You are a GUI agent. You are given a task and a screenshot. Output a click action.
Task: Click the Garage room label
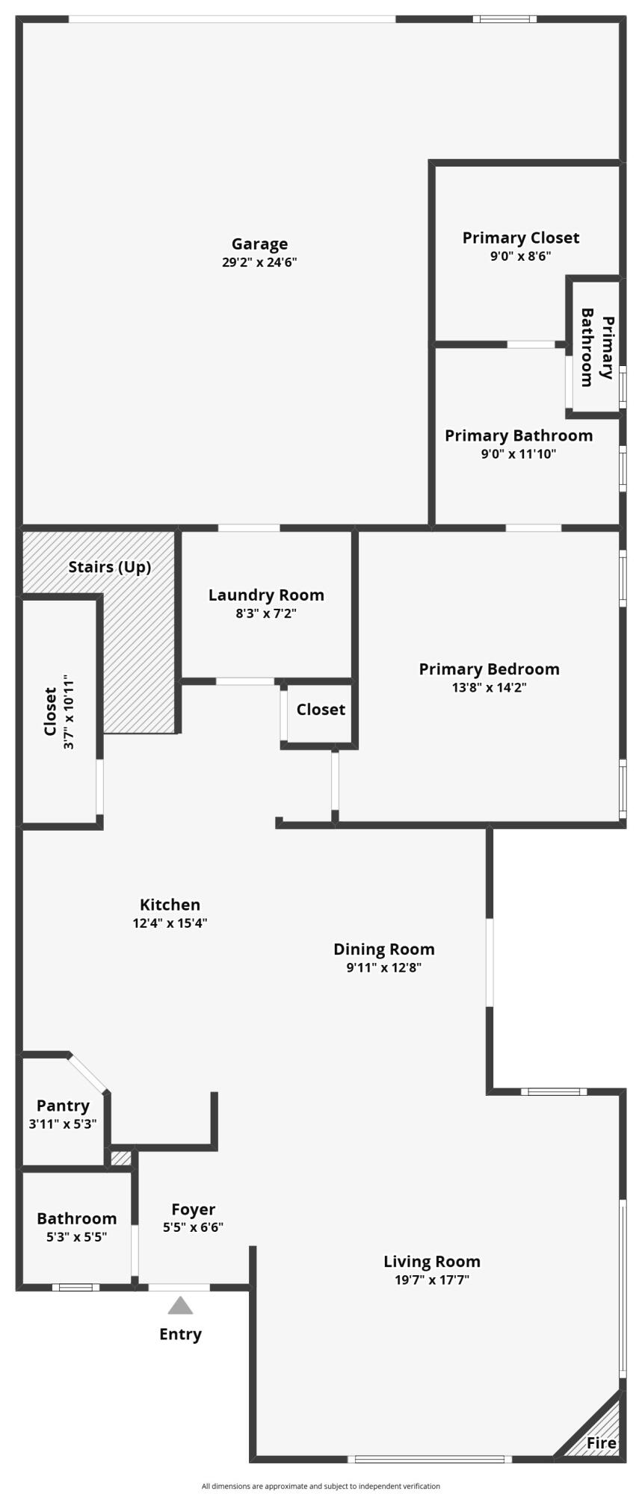[259, 244]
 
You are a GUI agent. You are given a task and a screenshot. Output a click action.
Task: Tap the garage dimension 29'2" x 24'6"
[259, 262]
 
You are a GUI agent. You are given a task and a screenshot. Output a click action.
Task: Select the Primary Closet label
[520, 238]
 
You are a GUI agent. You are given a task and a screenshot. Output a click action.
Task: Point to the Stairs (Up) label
[110, 567]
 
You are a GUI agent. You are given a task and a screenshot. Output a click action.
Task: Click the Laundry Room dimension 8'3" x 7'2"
[266, 613]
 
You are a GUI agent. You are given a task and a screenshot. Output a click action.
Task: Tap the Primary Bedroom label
[489, 669]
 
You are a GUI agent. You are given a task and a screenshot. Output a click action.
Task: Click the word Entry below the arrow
[180, 1334]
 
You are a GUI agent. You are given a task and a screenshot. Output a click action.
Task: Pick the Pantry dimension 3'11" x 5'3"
[63, 1123]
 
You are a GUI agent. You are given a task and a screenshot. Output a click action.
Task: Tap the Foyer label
[193, 1209]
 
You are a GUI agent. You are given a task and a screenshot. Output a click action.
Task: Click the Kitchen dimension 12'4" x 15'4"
[170, 923]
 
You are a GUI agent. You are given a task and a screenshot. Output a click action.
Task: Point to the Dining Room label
[383, 949]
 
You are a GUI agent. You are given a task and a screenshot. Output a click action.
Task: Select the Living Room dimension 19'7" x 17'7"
[432, 1279]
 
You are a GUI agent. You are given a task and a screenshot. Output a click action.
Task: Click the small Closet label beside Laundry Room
[321, 709]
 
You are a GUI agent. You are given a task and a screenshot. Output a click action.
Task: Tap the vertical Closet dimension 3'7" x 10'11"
[69, 713]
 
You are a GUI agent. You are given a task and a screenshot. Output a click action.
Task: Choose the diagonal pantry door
[89, 1073]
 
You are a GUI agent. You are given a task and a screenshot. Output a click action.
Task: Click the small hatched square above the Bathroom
[120, 1159]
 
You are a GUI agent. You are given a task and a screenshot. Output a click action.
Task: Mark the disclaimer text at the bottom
[321, 1486]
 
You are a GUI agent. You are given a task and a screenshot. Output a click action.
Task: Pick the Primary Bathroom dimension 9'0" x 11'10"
[518, 453]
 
